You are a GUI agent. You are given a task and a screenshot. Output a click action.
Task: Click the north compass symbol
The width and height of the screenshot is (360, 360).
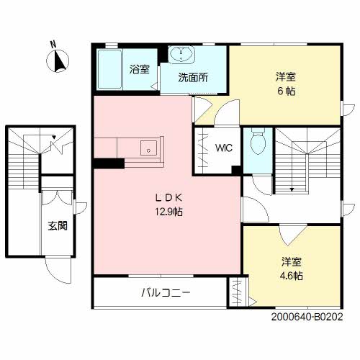pos(58,63)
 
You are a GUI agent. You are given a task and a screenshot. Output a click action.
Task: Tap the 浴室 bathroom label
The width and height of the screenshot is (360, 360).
pos(139,70)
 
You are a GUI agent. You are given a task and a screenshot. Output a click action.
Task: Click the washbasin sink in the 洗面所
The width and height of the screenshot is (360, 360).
pos(181,55)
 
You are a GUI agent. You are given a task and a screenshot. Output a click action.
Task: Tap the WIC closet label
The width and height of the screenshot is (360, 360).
pos(222,148)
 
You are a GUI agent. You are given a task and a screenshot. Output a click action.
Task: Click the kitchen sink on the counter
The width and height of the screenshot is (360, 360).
pos(149,149)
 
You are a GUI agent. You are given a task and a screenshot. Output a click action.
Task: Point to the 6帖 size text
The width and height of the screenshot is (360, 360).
pos(286,92)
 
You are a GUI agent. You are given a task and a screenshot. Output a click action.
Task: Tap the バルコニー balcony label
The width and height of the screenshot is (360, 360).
pos(165,293)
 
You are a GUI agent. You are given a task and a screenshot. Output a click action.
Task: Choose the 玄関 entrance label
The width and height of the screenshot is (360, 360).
pos(58,225)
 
